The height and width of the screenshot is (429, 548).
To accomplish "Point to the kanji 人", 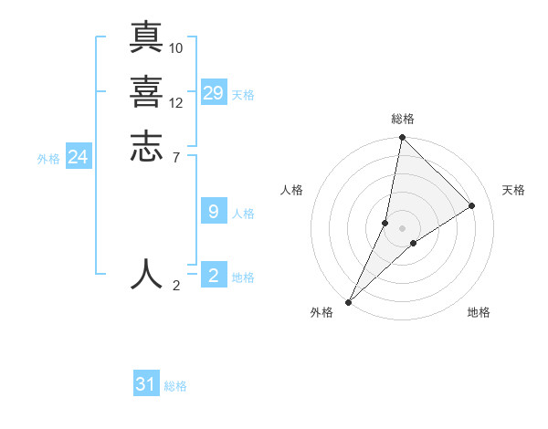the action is (x=146, y=273).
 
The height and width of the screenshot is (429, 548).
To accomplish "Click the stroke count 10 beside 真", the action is (x=176, y=47).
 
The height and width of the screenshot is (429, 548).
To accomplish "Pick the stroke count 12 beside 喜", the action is (x=176, y=102).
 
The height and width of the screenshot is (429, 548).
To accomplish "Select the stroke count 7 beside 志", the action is (x=175, y=157).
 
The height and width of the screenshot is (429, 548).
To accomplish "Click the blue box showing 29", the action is (x=214, y=93).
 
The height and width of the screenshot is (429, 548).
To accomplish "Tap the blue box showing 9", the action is (x=214, y=212).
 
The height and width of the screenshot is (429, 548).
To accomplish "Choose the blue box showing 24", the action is (x=79, y=157).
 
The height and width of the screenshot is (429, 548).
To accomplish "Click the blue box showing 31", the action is (x=146, y=384).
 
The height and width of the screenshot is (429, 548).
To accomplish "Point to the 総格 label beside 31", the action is (x=175, y=386).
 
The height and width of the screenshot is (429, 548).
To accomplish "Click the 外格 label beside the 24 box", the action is (x=48, y=159).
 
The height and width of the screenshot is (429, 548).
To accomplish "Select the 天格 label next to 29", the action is (x=243, y=95).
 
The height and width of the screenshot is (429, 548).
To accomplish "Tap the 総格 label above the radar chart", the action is (x=403, y=119).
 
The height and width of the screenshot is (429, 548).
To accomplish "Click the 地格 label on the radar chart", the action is (x=479, y=313).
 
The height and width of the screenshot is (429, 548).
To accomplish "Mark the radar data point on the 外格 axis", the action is (x=349, y=302).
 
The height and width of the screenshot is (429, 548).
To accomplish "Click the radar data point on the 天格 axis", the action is (x=472, y=206).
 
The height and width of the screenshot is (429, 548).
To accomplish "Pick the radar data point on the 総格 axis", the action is (x=402, y=138).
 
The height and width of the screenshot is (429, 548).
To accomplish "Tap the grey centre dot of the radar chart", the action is (x=402, y=228).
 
